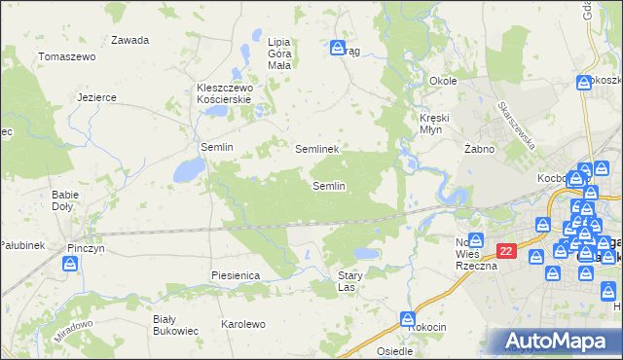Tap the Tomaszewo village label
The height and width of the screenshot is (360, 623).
(65, 57)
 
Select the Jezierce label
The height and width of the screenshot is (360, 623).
(97, 97)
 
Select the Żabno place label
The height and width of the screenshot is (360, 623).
(480, 149)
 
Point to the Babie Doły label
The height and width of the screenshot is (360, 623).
(66, 199)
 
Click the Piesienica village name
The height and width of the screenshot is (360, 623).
(235, 275)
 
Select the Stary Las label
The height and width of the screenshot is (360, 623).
(350, 281)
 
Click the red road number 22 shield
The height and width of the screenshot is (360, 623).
(505, 251)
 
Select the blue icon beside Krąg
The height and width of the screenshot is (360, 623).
(337, 47)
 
